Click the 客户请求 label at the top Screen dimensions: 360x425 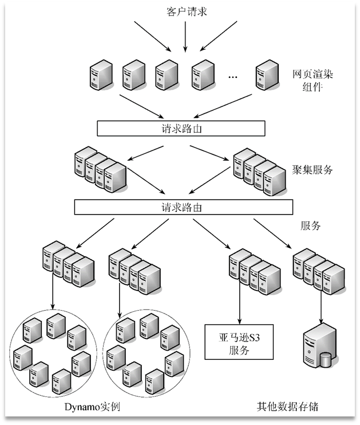(x=187, y=12)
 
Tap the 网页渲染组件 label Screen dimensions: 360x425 (x=312, y=81)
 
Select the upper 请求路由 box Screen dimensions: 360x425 (x=181, y=128)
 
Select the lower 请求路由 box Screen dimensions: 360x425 (x=183, y=207)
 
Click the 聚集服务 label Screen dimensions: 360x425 (x=312, y=170)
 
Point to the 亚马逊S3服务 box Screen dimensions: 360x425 (x=239, y=342)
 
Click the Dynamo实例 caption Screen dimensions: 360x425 (x=92, y=407)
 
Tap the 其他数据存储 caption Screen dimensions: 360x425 (x=287, y=407)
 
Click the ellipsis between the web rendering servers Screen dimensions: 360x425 (x=232, y=77)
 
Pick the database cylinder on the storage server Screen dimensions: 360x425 (x=326, y=360)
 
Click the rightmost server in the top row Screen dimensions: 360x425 (x=267, y=75)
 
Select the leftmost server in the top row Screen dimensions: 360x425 (x=101, y=75)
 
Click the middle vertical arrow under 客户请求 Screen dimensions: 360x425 (x=185, y=37)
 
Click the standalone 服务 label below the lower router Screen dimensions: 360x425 (x=310, y=225)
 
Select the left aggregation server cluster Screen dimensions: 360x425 (x=100, y=170)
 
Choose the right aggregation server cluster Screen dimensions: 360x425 (x=260, y=172)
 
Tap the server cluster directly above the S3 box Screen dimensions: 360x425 (x=255, y=272)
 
